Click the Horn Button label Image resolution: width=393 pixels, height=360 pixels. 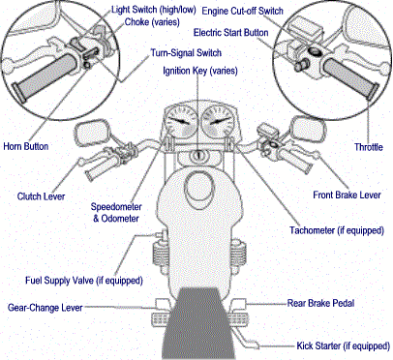tap(26, 146)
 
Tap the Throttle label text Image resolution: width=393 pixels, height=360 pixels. tap(369, 147)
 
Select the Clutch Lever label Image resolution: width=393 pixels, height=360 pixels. tap(41, 196)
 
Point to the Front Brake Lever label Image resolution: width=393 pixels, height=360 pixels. tap(347, 195)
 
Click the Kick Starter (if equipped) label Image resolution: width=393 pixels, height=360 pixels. tap(344, 346)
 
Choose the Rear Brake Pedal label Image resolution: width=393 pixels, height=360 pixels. tap(320, 303)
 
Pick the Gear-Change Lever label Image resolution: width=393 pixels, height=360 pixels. tap(45, 308)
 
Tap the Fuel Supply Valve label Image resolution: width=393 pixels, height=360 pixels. tap(84, 281)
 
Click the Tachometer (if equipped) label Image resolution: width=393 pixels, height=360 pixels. tap(337, 230)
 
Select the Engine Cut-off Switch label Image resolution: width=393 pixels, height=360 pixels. tap(242, 11)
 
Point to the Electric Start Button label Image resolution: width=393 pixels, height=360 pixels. tap(230, 33)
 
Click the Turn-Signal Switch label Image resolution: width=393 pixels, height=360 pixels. tap(186, 53)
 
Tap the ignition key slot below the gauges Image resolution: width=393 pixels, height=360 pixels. tap(198, 156)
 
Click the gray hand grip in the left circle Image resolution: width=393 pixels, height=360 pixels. tap(45, 78)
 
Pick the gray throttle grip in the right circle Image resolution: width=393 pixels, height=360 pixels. tap(351, 77)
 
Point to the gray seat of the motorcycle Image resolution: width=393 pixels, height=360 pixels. tap(198, 322)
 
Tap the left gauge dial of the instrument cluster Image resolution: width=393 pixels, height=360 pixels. tap(180, 122)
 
